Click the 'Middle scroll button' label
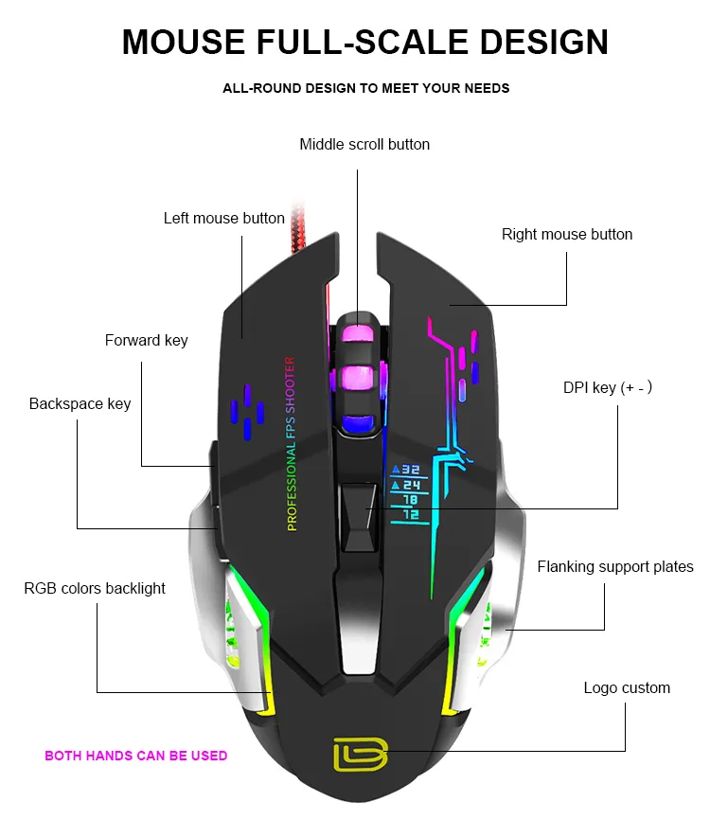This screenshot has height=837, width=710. [364, 145]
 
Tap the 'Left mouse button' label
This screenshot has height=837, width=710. [223, 219]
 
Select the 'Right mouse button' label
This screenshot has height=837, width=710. [566, 235]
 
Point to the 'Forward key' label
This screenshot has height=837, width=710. [146, 341]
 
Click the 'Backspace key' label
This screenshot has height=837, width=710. [80, 404]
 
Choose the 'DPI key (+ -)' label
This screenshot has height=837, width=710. [607, 388]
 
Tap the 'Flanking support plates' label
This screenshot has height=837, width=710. [614, 567]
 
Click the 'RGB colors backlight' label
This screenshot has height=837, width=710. [95, 589]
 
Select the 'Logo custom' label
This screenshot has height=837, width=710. [626, 688]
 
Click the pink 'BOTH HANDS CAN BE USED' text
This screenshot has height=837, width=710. [136, 756]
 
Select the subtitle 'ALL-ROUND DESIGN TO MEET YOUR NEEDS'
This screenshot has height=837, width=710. [365, 89]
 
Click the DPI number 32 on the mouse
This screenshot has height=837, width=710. [406, 470]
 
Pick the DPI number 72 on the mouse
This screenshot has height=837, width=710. [409, 514]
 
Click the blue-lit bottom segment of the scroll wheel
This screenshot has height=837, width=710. [356, 425]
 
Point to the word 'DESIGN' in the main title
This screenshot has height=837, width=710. [543, 43]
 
